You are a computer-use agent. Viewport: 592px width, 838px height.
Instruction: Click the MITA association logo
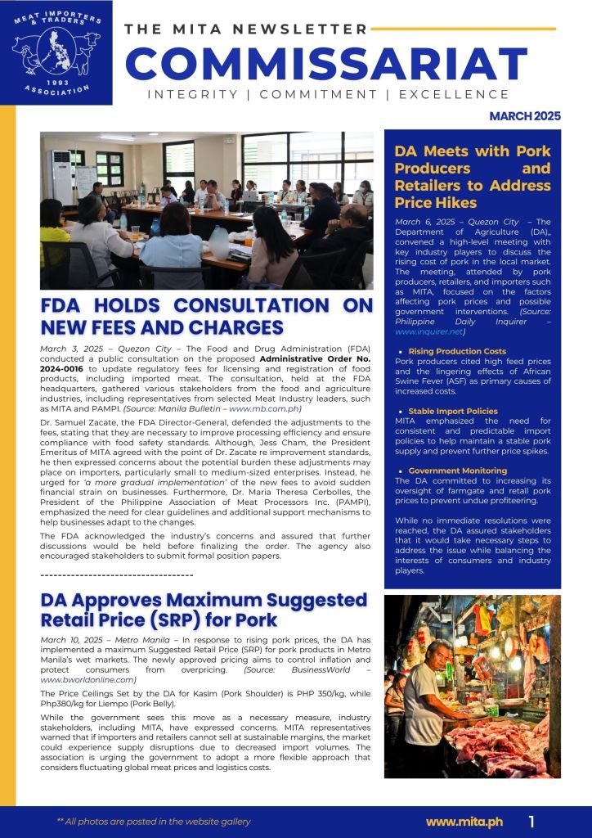(x=56, y=54)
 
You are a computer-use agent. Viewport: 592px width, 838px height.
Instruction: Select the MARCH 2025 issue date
(x=525, y=116)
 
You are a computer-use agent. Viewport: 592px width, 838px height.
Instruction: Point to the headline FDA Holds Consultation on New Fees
(x=206, y=317)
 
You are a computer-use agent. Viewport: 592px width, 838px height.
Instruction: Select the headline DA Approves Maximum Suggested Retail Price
(x=204, y=610)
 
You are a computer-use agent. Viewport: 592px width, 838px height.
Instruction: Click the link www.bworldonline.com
(x=87, y=680)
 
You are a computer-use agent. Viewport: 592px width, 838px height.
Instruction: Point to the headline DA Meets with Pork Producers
(x=473, y=177)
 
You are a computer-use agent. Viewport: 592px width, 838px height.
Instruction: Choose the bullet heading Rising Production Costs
(x=457, y=351)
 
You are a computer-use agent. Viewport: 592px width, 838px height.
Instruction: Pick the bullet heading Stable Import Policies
(x=453, y=411)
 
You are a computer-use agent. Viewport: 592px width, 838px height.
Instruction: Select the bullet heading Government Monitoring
(x=457, y=471)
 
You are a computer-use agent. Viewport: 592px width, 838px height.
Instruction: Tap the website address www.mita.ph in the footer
(x=464, y=821)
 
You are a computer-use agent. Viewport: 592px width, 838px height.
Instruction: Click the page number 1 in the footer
(x=531, y=821)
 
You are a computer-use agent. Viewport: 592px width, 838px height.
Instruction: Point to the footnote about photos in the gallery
(x=154, y=822)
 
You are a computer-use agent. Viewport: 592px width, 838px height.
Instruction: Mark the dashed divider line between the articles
(x=116, y=574)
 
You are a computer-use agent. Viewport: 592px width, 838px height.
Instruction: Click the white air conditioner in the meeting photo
(x=62, y=177)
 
